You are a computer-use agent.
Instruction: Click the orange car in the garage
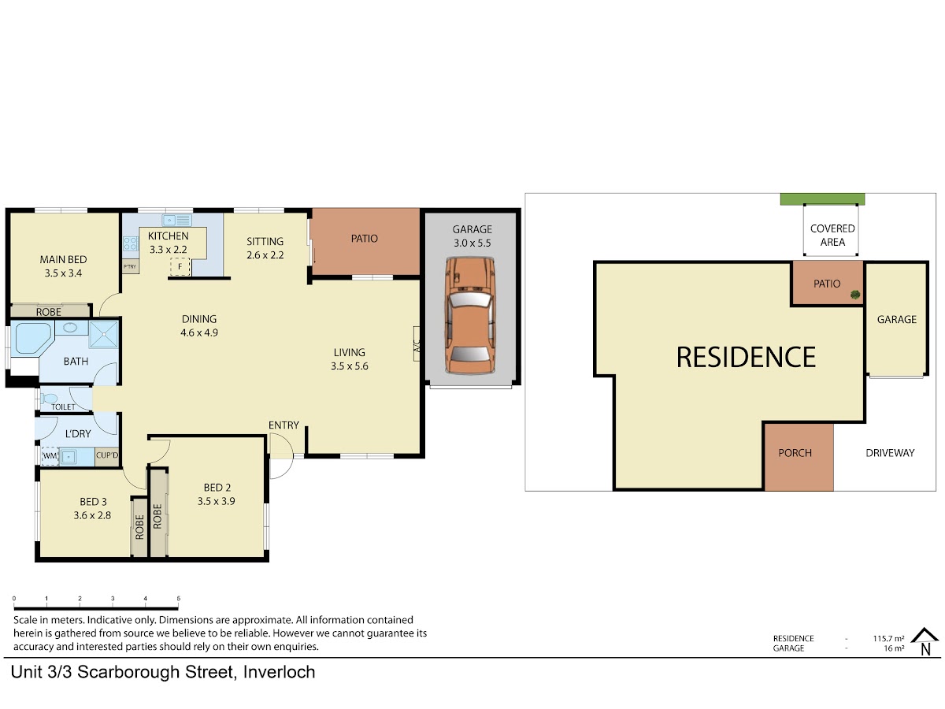coord(470,316)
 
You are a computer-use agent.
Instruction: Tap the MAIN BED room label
coord(63,260)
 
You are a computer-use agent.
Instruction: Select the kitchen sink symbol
coord(177,221)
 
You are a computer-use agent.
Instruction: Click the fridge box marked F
coord(180,267)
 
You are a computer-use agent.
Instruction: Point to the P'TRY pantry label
coord(130,267)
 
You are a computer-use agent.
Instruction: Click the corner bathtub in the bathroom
coord(31,339)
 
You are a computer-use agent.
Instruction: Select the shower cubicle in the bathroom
coord(103,334)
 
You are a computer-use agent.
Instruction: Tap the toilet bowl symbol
coord(49,398)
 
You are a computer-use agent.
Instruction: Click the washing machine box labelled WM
coord(50,456)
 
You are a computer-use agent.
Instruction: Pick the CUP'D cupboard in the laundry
coord(107,456)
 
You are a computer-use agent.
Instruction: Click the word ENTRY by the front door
coord(283,425)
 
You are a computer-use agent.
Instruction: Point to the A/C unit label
coord(417,344)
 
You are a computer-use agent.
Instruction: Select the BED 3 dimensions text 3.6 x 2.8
coord(92,515)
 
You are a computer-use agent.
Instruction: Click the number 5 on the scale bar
coord(178,599)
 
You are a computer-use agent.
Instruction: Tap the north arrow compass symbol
coord(925,642)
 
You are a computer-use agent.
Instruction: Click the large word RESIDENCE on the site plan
coord(746,358)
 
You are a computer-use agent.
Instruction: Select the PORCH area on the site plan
coord(799,457)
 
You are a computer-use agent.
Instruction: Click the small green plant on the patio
coord(855,295)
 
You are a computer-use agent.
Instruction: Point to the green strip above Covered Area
coord(823,199)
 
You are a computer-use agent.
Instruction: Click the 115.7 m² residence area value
coord(888,638)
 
